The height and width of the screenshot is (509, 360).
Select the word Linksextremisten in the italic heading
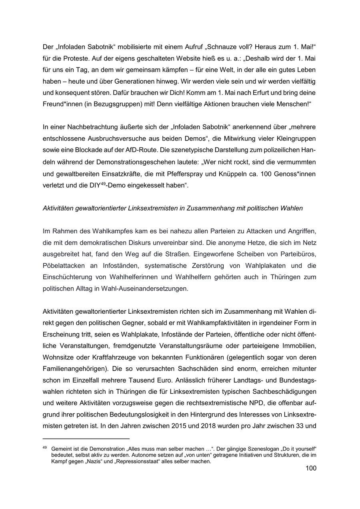152,208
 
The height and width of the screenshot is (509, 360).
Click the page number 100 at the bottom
310,468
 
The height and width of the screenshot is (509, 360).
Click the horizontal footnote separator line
86,438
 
